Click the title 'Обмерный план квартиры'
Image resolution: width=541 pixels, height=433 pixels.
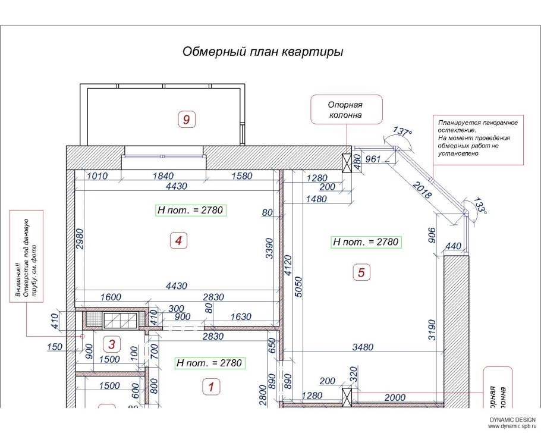pos(262,52)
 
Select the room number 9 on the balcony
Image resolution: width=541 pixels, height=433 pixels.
pos(186,120)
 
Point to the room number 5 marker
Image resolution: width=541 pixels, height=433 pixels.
pos(361,273)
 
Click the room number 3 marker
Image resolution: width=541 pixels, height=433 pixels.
pos(110,343)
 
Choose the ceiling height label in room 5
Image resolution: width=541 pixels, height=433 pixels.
pos(366,242)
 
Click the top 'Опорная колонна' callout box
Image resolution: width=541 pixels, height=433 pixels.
pos(345,109)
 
